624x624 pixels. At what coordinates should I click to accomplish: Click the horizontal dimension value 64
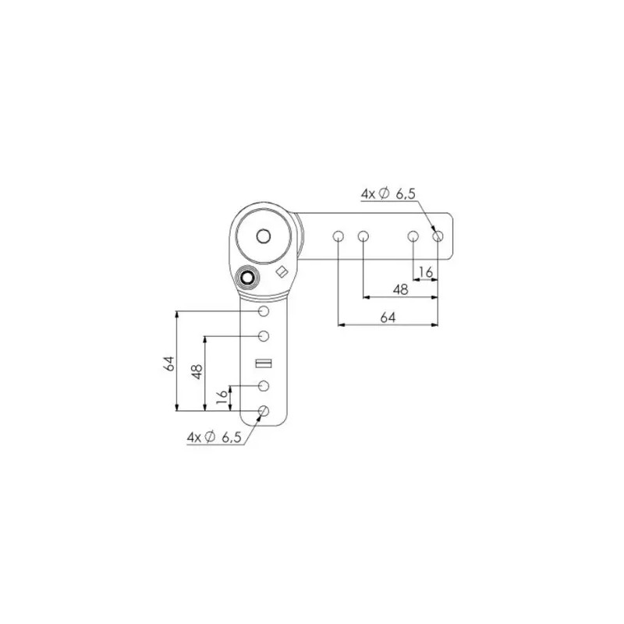pyautogui.click(x=388, y=317)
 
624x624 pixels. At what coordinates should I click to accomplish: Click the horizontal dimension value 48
pyautogui.click(x=400, y=289)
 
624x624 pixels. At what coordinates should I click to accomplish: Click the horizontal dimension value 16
pyautogui.click(x=425, y=272)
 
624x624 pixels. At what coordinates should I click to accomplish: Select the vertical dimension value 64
pyautogui.click(x=169, y=363)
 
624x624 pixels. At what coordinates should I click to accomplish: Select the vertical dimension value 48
pyautogui.click(x=197, y=372)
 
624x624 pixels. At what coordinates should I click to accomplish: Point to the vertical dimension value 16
pyautogui.click(x=222, y=396)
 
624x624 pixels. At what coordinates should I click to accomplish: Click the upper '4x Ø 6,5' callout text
pyautogui.click(x=388, y=193)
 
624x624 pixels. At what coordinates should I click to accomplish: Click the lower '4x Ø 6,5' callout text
pyautogui.click(x=214, y=438)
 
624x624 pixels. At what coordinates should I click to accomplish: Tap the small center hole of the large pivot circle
pyautogui.click(x=264, y=236)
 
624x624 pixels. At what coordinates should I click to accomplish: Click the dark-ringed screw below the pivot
pyautogui.click(x=247, y=277)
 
